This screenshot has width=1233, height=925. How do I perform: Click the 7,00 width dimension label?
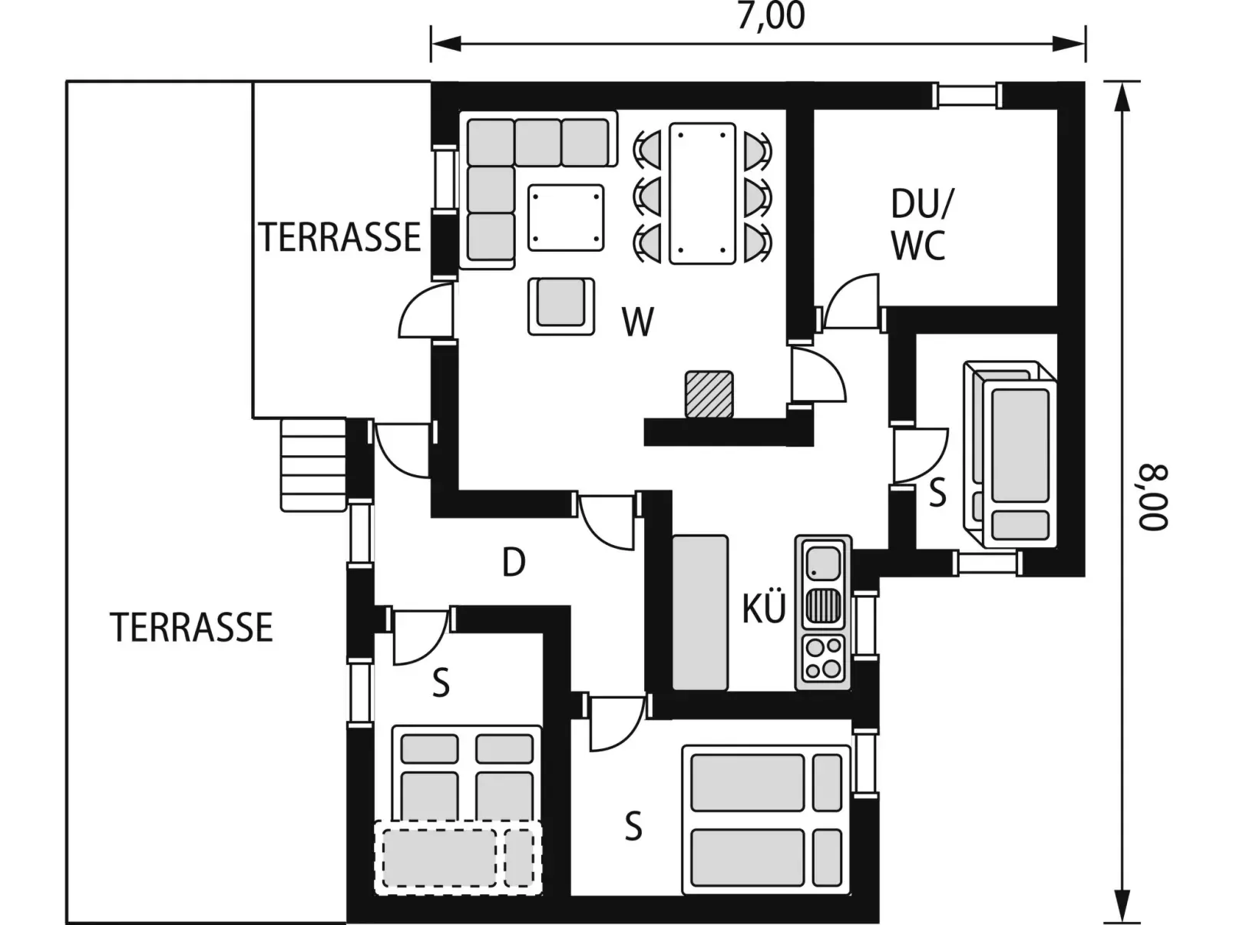[x=770, y=16]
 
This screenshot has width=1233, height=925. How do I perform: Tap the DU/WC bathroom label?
[x=922, y=225]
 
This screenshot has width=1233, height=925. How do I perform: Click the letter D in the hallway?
[x=514, y=562]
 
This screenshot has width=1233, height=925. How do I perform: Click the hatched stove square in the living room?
[x=709, y=395]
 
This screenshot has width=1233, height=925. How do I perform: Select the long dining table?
[x=702, y=193]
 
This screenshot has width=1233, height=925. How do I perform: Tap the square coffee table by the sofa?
[x=566, y=217]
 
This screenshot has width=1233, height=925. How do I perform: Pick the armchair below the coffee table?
[x=561, y=306]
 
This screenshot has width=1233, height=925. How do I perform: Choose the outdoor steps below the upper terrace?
[x=313, y=464]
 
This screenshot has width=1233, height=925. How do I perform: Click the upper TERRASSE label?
[x=339, y=237]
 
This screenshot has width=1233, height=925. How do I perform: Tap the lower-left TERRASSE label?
[x=191, y=627]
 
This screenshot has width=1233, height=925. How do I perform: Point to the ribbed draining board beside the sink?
[x=824, y=606]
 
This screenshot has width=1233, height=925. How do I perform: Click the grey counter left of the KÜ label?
[x=700, y=613]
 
